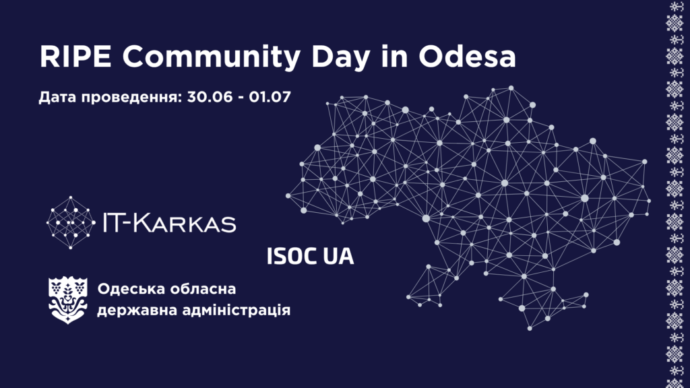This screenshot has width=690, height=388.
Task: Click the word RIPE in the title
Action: pos(75,57)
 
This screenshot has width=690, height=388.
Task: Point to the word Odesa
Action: pos(467,57)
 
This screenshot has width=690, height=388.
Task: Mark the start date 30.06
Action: pos(210,97)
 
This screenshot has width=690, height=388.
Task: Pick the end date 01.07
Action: pos(270,97)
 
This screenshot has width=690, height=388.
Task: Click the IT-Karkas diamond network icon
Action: pos(71,222)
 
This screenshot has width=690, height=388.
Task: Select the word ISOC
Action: pos(292,257)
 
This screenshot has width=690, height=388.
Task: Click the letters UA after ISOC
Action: pos(338,257)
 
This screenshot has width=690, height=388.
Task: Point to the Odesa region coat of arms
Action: pos(68,300)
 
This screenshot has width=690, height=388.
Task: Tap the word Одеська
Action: pos(131,290)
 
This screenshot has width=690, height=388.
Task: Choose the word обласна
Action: pos(203,290)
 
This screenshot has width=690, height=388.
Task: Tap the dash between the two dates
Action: pos(241,98)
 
